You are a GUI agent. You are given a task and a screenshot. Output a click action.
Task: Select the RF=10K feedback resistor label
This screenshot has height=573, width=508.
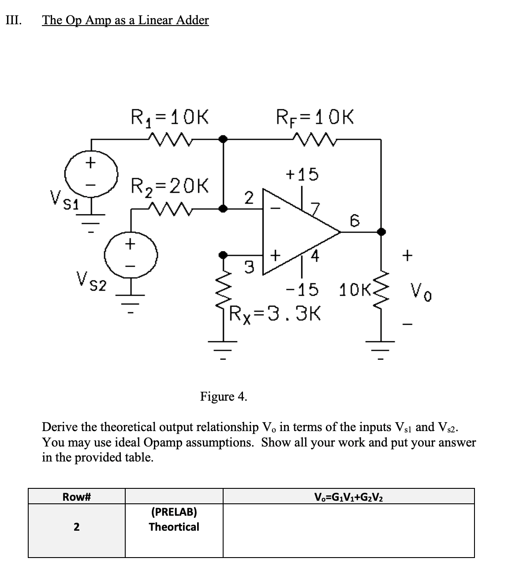point(314,118)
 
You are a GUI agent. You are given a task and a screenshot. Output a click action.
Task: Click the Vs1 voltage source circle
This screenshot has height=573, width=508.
point(91,175)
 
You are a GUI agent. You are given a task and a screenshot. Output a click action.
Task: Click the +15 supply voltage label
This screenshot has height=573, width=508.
point(302,175)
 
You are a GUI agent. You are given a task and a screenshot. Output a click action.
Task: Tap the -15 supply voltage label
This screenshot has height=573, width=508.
point(302,290)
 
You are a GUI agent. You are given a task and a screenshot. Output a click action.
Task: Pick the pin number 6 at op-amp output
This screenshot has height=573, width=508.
point(355,220)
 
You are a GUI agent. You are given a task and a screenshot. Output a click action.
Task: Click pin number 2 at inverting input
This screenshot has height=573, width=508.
point(249,197)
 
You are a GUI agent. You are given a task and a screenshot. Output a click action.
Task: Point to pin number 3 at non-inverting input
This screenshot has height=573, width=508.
point(249,267)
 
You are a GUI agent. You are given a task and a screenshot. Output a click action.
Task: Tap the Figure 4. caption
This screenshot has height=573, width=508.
point(224,396)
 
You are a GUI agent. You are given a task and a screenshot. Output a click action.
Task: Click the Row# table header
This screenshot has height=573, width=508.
point(77,497)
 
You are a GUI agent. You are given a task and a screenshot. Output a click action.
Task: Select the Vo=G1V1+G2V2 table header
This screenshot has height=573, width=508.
point(348,497)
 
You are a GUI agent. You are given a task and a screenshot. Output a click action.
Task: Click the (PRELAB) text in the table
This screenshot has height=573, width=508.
point(174,512)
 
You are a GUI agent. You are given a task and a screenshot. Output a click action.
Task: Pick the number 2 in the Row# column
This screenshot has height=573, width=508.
point(77,527)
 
